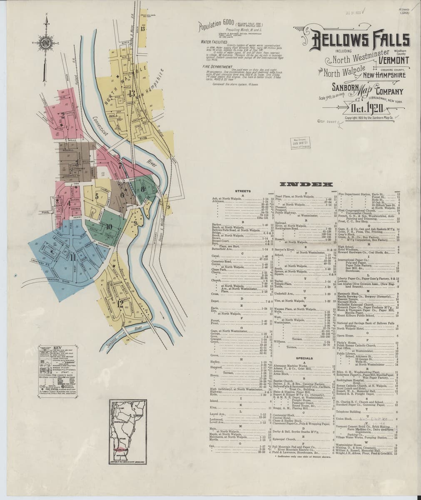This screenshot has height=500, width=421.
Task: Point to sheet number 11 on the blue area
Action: (x=73, y=257)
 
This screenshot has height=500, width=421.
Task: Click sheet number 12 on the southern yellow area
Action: (x=120, y=303)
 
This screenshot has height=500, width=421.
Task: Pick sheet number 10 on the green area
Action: (x=109, y=227)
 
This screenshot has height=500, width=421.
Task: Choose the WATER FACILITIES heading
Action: (x=214, y=42)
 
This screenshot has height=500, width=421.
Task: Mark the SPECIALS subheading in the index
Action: (x=304, y=358)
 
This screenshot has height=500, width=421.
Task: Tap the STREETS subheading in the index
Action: (x=242, y=191)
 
